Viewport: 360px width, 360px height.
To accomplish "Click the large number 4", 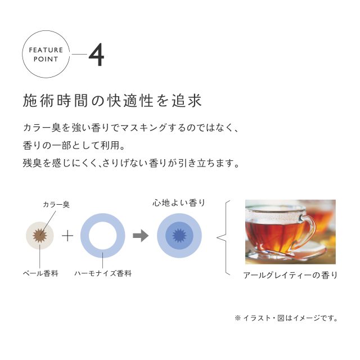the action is coord(96,55).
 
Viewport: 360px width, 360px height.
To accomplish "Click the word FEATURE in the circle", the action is coord(46,50).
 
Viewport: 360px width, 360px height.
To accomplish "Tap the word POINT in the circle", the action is coord(46,59).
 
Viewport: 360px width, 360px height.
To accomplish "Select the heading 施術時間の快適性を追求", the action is coord(112,101).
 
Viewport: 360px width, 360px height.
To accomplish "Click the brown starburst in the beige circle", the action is coord(40,236).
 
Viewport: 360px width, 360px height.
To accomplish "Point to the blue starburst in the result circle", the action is coord(179,235).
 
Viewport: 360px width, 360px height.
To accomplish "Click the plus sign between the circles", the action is coord(67,236).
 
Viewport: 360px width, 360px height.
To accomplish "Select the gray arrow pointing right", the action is coord(141,236).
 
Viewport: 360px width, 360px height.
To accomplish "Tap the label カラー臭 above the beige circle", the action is coord(56,204).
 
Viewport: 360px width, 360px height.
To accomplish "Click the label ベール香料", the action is coord(40,273).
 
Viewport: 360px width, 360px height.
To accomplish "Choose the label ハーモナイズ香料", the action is coord(103,273).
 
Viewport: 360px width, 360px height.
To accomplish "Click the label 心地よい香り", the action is coord(179,202).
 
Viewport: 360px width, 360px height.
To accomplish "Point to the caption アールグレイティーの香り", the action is coord(290,275).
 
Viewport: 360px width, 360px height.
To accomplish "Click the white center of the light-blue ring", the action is coord(102,236).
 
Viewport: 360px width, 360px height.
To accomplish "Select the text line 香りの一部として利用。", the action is coord(74,145).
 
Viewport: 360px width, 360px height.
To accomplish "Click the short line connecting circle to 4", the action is coord(79,55).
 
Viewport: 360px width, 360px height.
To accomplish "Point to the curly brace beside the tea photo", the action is coord(224,237).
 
